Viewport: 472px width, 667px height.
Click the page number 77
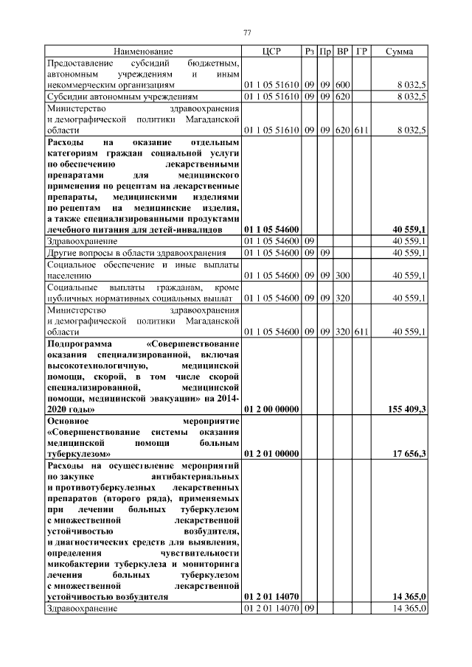pos(248,32)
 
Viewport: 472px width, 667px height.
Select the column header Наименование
pos(143,52)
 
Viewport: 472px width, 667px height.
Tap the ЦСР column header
pos(271,52)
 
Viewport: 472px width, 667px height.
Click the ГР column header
pos(361,52)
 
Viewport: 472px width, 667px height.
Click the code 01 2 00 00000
pos(271,408)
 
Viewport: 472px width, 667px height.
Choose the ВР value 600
pos(343,85)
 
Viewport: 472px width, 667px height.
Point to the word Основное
pos(68,420)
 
